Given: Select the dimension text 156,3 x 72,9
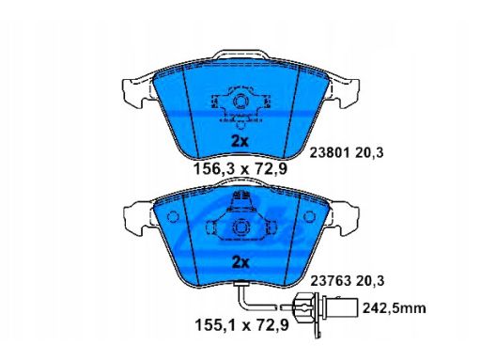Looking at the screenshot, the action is [x=240, y=169].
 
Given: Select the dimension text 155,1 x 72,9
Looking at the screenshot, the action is [x=241, y=325].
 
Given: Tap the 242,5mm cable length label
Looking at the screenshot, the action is [x=395, y=308].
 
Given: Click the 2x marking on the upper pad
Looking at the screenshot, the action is [x=240, y=142].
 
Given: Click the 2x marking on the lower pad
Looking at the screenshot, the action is [x=240, y=262].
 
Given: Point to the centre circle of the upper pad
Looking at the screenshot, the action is [x=240, y=102].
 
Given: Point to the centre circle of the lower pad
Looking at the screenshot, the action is [x=240, y=227].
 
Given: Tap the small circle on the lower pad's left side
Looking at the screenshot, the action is [x=173, y=217].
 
